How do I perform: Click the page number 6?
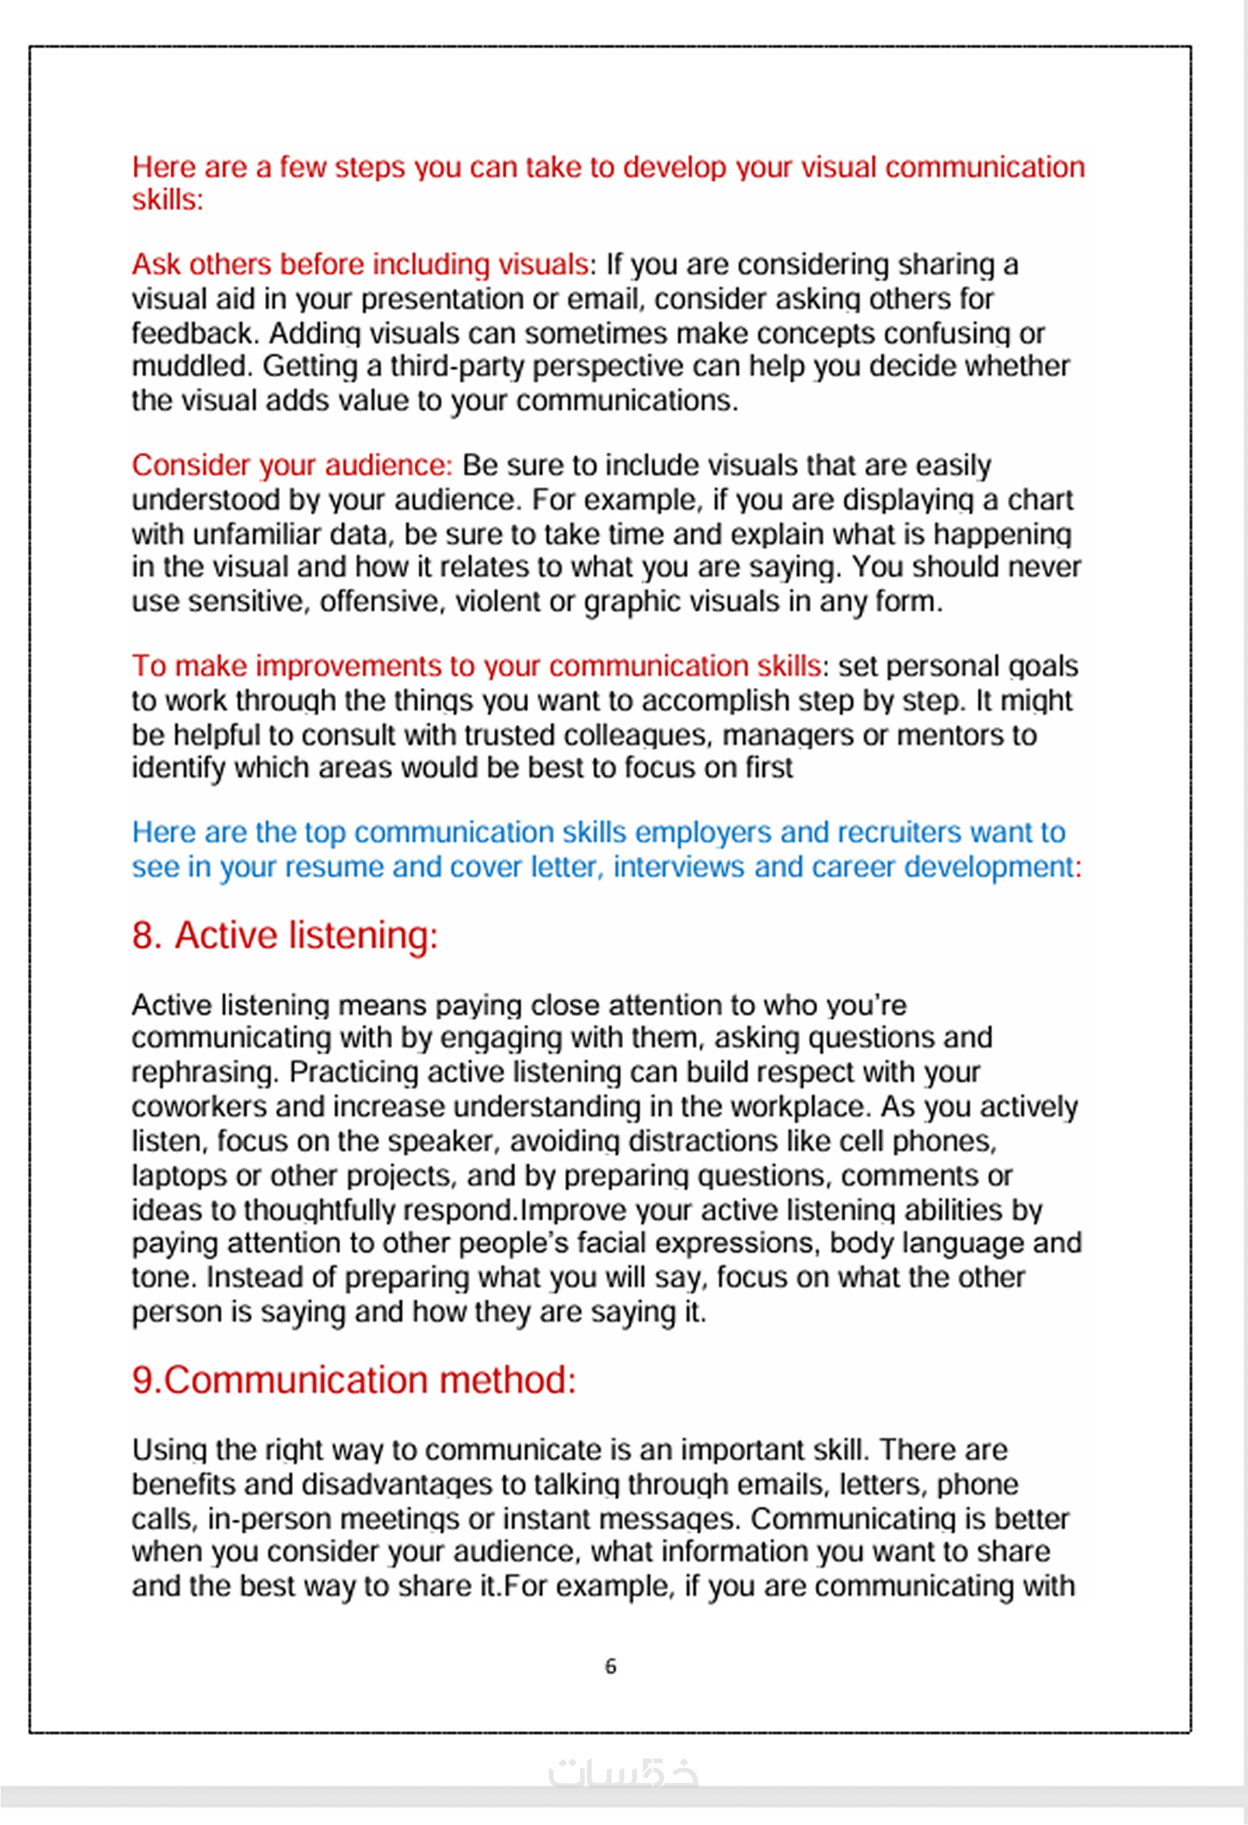pos(611,1666)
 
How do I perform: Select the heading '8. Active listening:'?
pos(284,935)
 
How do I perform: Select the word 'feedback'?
pos(193,333)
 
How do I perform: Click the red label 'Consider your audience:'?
pos(292,465)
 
